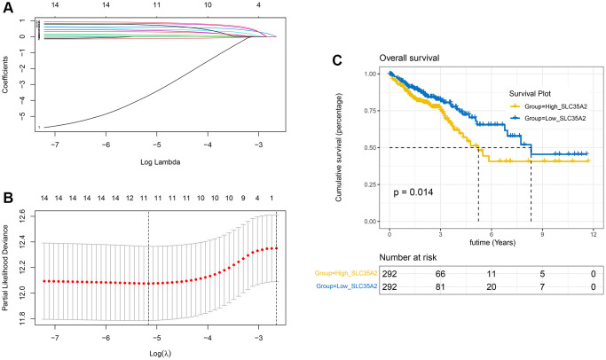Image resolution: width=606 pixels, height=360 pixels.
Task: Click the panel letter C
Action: (x=335, y=60)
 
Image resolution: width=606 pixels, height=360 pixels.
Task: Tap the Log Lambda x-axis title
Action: (x=157, y=160)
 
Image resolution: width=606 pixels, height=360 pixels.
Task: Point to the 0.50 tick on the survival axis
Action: (x=371, y=147)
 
